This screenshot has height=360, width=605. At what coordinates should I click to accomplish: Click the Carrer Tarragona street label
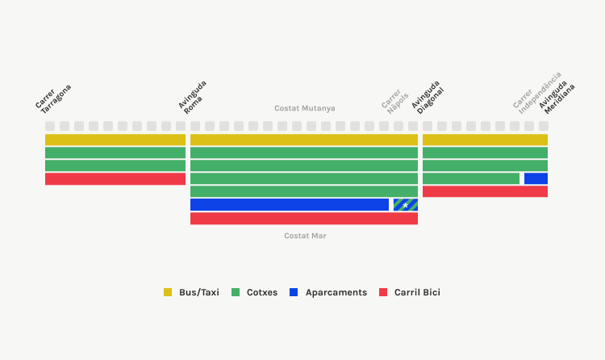coord(53,99)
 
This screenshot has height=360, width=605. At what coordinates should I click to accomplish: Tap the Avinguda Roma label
coord(193,98)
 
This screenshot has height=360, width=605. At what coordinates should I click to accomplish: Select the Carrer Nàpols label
coord(394,101)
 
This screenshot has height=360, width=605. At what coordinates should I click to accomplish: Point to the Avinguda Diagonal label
coord(428,98)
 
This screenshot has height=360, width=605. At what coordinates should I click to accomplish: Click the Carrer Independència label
coord(537,93)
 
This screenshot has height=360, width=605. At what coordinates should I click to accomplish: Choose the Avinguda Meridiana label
coord(557,98)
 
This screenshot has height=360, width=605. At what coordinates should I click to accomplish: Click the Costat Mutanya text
coord(305,108)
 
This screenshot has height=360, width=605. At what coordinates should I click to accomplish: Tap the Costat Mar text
coord(305,236)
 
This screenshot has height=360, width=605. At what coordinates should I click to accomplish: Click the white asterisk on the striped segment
coord(405,206)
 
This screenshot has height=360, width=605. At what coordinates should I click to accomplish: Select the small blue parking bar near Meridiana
coord(536,178)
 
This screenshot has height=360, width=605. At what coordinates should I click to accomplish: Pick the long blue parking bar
coord(290,205)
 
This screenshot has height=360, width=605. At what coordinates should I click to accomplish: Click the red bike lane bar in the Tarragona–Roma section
coord(115,179)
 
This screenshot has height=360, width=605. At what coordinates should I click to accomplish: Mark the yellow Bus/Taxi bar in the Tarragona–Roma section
coord(115,140)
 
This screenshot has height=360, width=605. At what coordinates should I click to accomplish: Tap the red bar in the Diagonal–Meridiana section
coord(485,191)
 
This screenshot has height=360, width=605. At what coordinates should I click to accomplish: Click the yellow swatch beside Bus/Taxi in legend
coord(168,292)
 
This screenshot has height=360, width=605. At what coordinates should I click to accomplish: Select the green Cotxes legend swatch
coord(236,292)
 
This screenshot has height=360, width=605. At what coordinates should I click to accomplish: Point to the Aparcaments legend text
coord(336,292)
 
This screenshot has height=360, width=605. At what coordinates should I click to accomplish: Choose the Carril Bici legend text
coord(417,292)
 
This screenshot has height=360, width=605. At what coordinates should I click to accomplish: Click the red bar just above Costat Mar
coord(304,218)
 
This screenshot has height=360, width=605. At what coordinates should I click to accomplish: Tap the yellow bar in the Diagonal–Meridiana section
coord(485,140)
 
